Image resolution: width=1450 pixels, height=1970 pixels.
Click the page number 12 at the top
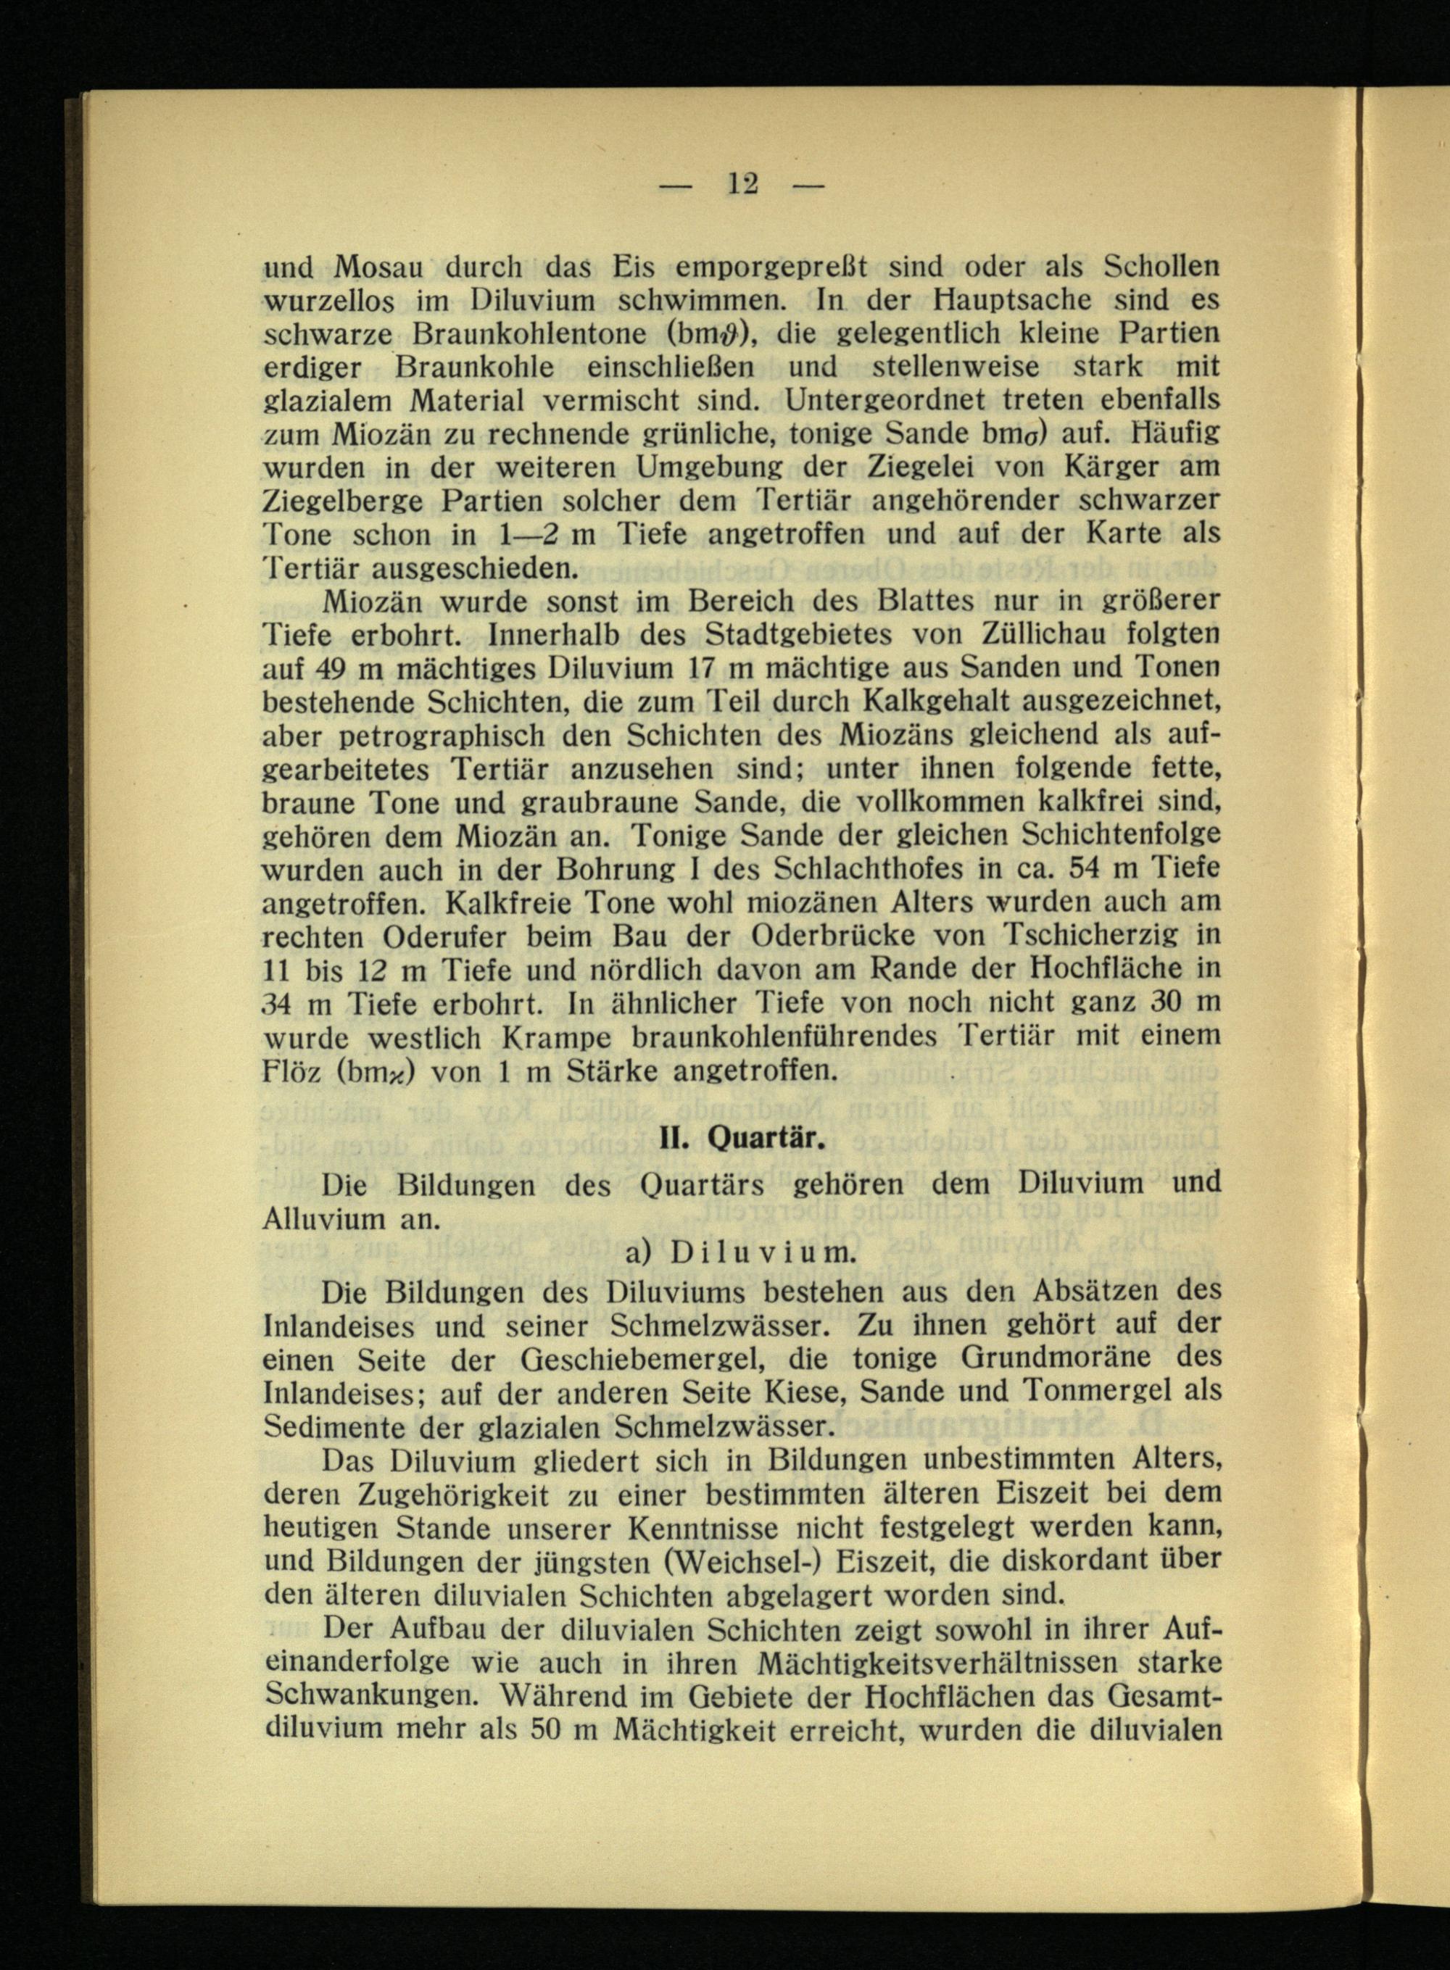click(x=742, y=184)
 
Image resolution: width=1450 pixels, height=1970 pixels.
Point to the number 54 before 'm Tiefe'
click(x=1074, y=870)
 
